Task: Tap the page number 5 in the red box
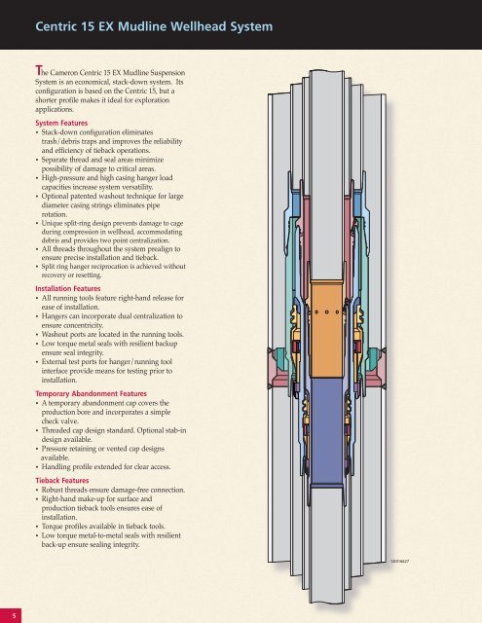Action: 15,616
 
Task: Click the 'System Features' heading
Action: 61,124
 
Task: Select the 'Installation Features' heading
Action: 68,288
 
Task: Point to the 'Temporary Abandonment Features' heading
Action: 91,393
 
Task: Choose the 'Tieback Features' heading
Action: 62,480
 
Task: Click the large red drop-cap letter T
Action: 38,70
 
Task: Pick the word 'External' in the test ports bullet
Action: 54,361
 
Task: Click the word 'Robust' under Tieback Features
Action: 52,490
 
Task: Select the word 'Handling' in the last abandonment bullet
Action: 56,467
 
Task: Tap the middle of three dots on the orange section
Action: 326,311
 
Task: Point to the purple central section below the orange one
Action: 326,431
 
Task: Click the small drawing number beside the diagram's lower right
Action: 399,562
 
